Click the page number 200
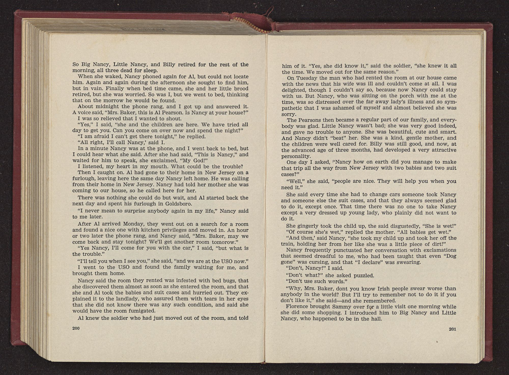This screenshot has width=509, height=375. [x=76, y=328]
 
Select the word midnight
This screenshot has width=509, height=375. [x=100, y=107]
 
